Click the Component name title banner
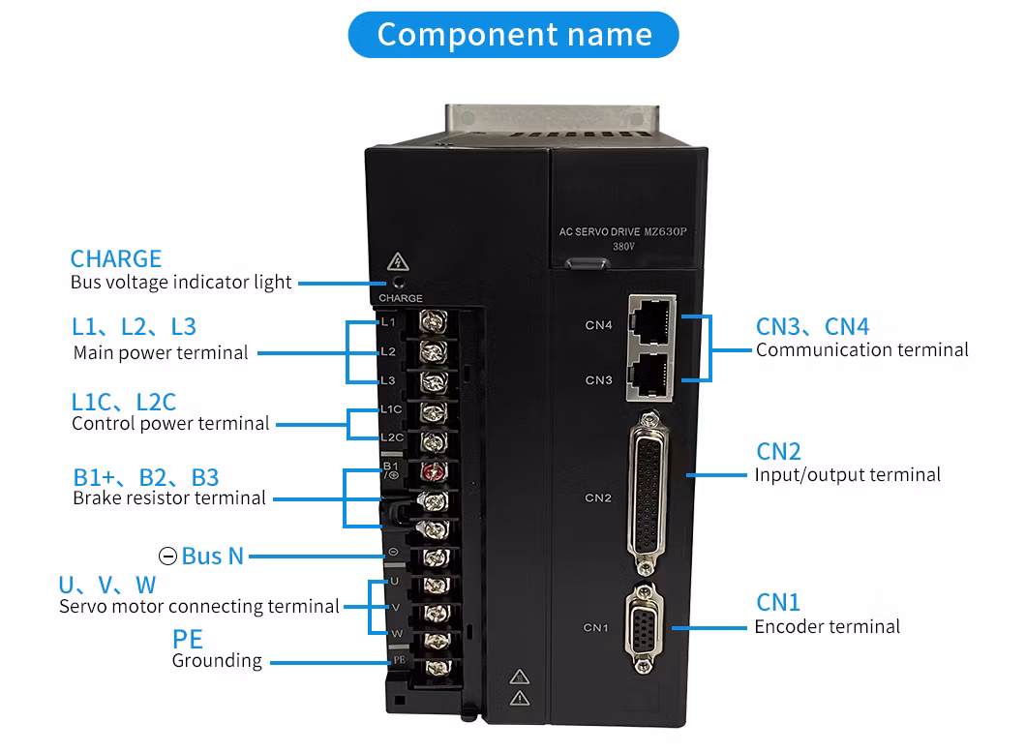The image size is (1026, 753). pyautogui.click(x=514, y=35)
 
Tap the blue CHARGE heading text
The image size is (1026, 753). pyautogui.click(x=116, y=258)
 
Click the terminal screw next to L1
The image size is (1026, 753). pyautogui.click(x=433, y=320)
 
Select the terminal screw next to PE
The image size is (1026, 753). pyautogui.click(x=433, y=667)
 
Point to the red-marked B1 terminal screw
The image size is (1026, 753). pyautogui.click(x=433, y=472)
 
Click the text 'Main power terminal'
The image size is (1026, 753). pyautogui.click(x=161, y=352)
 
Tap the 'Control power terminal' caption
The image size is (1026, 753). pyautogui.click(x=170, y=423)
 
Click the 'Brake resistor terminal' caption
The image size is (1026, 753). pyautogui.click(x=169, y=497)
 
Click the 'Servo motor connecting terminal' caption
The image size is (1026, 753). pyautogui.click(x=199, y=607)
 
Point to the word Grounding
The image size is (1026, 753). pyautogui.click(x=217, y=661)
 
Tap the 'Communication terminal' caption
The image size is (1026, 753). pyautogui.click(x=861, y=349)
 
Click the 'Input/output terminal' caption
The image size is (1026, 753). pyautogui.click(x=847, y=474)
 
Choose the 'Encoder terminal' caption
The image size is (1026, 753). pyautogui.click(x=827, y=626)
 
